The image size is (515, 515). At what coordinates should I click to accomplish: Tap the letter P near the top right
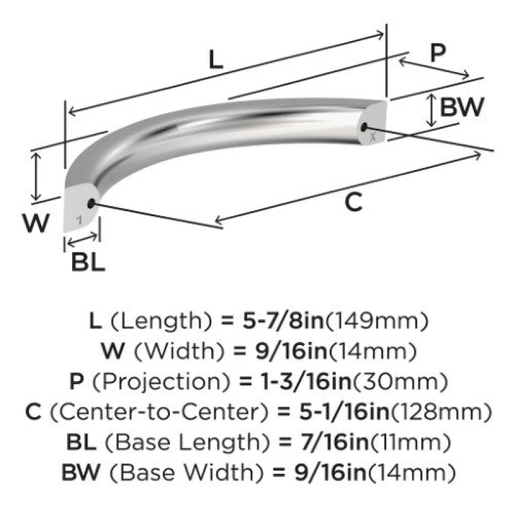tap(438, 53)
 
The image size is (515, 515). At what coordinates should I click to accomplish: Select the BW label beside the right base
tap(462, 107)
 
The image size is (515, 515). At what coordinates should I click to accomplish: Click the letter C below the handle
tap(353, 202)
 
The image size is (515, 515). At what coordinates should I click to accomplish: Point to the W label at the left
tap(36, 223)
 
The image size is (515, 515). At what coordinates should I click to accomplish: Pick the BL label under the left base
tap(88, 262)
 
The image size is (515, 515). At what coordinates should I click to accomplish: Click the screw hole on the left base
tap(91, 203)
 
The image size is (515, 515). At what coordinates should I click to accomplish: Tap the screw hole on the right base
tap(364, 127)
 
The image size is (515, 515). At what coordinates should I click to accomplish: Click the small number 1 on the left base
tap(79, 220)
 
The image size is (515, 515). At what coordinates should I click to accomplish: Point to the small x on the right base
tap(373, 137)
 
